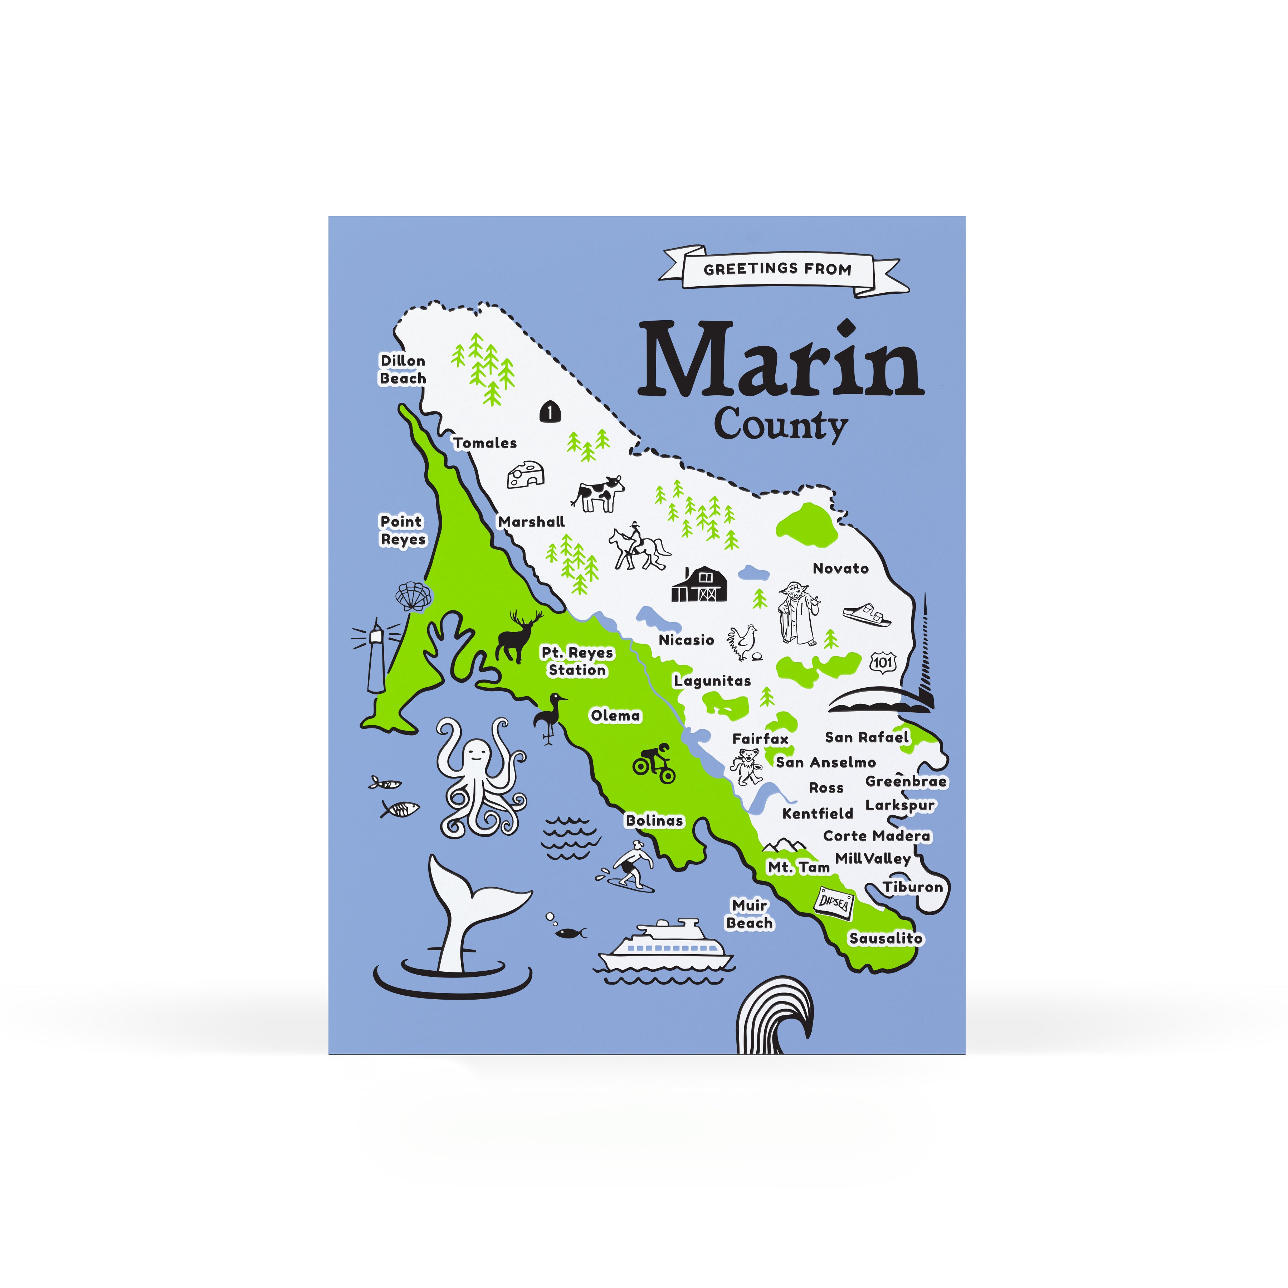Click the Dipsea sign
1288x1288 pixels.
point(833,903)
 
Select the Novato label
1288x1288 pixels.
point(840,569)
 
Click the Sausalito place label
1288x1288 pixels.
point(885,938)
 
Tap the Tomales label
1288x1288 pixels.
point(485,443)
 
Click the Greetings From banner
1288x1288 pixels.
point(777,269)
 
